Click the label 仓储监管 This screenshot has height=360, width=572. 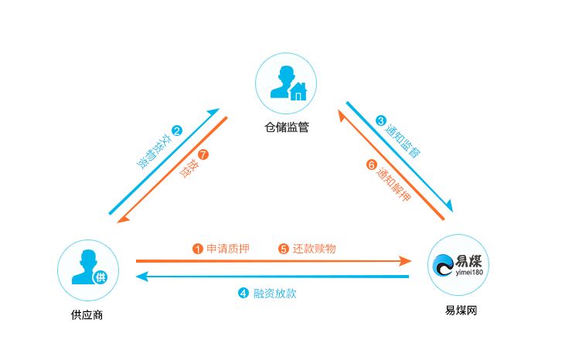point(286,127)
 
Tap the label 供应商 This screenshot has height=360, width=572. point(87,314)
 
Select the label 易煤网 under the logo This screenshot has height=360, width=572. point(461,311)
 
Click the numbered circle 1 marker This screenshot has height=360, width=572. point(197,249)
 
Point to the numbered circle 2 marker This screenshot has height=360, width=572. point(177,131)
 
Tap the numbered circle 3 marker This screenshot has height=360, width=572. point(381,121)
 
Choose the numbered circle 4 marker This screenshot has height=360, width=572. point(243,293)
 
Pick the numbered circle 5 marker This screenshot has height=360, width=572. point(284,249)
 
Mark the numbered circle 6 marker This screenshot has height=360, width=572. point(371,165)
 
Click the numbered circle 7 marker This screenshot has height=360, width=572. point(203,155)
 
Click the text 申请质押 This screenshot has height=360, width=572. point(228,249)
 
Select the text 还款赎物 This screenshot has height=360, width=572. point(314,249)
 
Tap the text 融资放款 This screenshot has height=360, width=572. point(274,294)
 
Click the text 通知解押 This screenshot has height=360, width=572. point(393,185)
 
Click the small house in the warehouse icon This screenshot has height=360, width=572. point(298,91)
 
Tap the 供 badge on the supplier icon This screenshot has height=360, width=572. point(100,277)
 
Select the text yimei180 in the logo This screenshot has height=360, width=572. point(469,273)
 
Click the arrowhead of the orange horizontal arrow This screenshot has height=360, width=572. point(405,261)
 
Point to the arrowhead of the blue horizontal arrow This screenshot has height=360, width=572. point(142,277)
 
